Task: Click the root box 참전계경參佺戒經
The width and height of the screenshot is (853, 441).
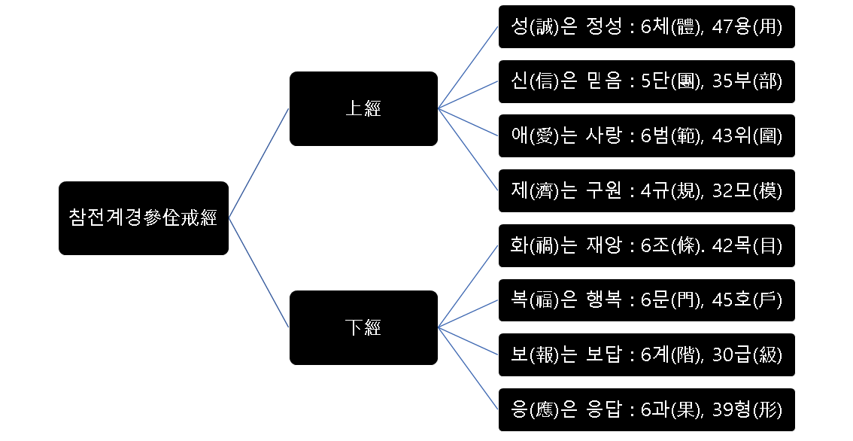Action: [x=143, y=218]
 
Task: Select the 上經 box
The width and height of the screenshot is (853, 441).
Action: [x=363, y=108]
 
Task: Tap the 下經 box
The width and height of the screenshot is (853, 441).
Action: [x=363, y=327]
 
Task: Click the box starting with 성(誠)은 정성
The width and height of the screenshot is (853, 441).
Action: [x=646, y=27]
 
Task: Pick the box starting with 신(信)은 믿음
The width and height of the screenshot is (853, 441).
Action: [x=646, y=81]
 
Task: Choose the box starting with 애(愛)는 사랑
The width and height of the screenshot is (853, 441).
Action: [x=646, y=136]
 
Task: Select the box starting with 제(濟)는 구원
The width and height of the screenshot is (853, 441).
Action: [x=646, y=190]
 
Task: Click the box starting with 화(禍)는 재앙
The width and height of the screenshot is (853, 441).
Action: [x=646, y=245]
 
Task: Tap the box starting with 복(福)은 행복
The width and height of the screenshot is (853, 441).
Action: [x=646, y=300]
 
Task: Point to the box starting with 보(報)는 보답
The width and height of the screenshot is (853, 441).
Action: [x=646, y=354]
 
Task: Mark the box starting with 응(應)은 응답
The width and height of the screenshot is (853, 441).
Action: [x=646, y=409]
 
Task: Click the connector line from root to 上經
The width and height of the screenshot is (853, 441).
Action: [x=259, y=163]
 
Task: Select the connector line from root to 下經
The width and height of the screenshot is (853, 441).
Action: [x=259, y=272]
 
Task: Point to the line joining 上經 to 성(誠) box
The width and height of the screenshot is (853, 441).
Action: [x=468, y=68]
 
